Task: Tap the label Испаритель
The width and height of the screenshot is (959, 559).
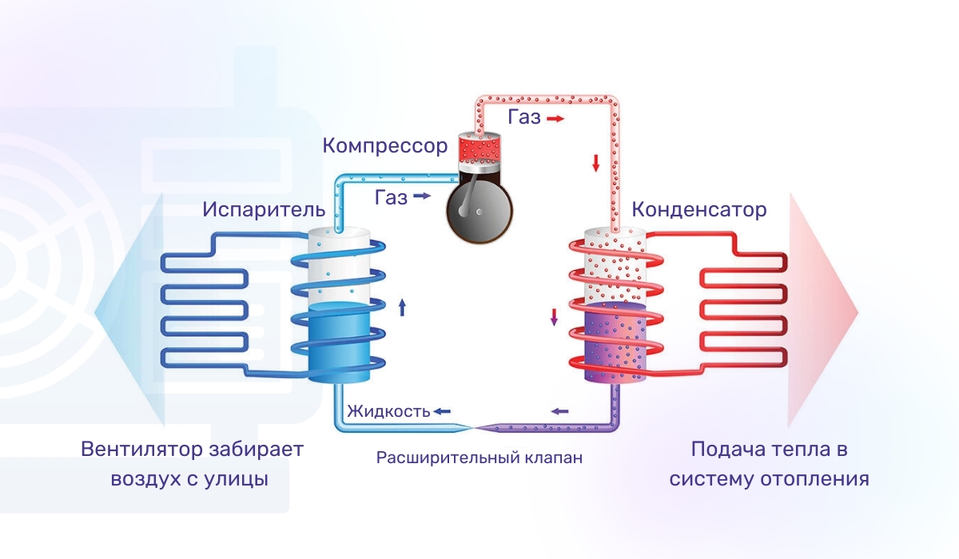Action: [263, 210]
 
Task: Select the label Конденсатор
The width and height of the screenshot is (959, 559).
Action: [698, 210]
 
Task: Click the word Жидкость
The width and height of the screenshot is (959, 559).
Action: [388, 412]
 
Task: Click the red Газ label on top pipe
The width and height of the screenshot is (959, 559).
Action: [523, 118]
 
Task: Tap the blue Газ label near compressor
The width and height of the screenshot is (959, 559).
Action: [391, 196]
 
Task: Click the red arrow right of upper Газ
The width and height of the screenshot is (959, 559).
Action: [555, 118]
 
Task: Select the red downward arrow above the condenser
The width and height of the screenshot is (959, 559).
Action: [595, 164]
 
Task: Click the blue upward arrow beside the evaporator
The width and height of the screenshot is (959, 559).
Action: [402, 306]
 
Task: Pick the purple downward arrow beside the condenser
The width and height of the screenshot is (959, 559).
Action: [553, 317]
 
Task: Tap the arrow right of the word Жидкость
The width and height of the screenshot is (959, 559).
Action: [442, 412]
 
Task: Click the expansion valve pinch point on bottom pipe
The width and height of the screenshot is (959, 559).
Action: [476, 428]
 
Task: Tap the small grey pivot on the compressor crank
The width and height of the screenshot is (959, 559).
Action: [478, 212]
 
